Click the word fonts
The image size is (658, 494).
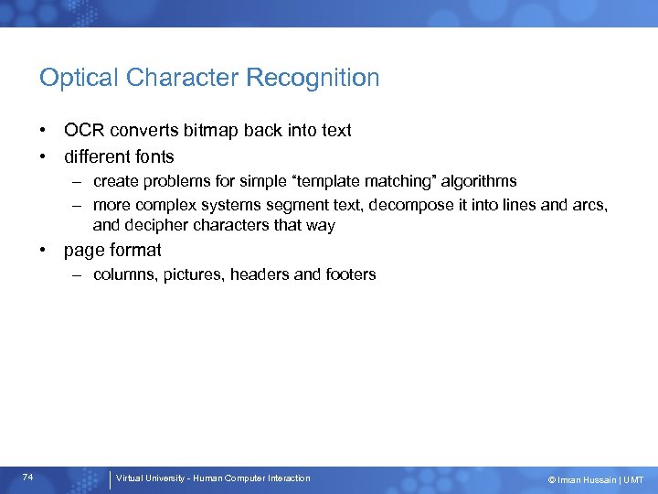[x=152, y=156]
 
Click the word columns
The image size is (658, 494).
[x=124, y=274]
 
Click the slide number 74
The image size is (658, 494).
[x=28, y=478]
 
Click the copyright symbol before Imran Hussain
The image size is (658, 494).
[x=551, y=479]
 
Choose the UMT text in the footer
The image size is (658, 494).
[x=633, y=479]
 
